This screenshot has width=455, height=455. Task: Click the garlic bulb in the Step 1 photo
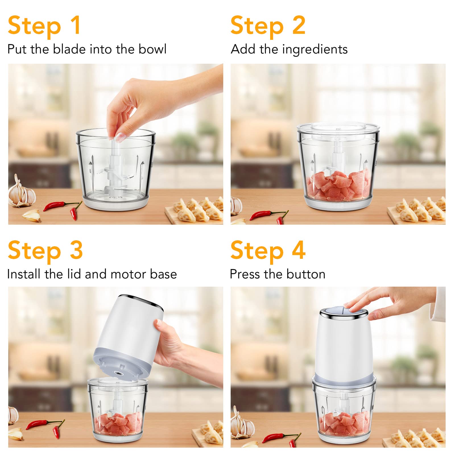[22, 191]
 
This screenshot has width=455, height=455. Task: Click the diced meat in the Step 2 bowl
[338, 185]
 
